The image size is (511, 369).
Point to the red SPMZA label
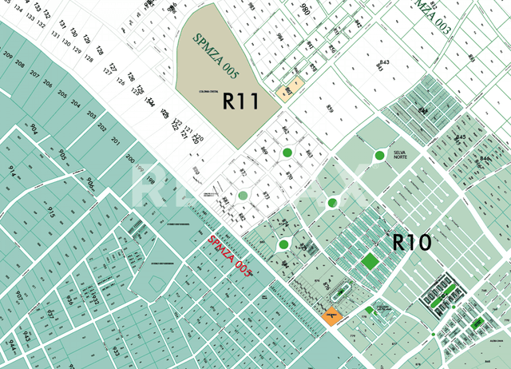(230, 256)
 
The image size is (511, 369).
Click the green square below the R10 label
(370, 260)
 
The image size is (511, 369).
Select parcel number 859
(329, 109)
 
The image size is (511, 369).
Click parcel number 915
(50, 213)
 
